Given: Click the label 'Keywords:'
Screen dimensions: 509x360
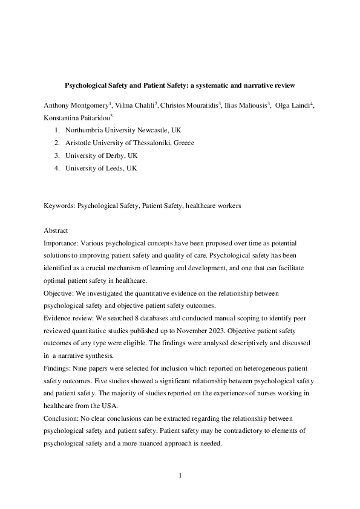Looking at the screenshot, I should pos(59,206).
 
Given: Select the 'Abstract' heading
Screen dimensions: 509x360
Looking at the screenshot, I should pos(56,230).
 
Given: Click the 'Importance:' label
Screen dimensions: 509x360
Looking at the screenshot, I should pos(63,243).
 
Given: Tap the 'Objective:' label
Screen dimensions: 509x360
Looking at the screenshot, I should pos(61,293).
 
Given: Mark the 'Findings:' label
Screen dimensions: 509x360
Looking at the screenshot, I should pos(59,369).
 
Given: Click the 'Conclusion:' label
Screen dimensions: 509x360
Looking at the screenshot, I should pos(62,418).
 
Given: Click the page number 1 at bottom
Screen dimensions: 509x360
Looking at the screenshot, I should pos(180,475).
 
